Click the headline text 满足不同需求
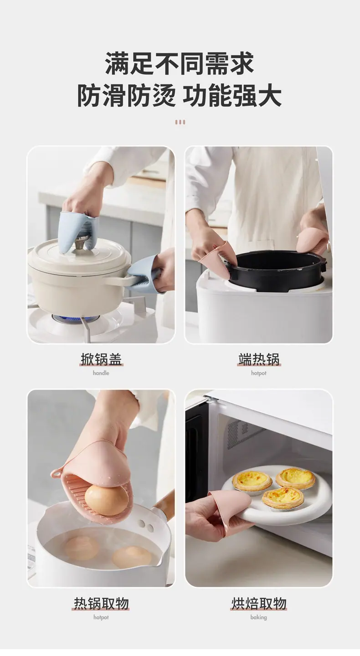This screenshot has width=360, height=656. click(180, 63)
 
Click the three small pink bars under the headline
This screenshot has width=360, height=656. click(180, 122)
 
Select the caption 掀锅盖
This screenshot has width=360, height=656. click(101, 359)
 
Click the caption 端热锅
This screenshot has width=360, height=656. click(259, 359)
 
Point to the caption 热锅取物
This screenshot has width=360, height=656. click(101, 604)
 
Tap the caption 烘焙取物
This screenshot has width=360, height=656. click(259, 604)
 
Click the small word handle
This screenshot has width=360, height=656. click(101, 373)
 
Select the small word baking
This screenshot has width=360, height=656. click(259, 617)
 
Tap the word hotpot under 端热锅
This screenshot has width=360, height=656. click(259, 373)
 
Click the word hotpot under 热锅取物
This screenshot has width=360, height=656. click(101, 617)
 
